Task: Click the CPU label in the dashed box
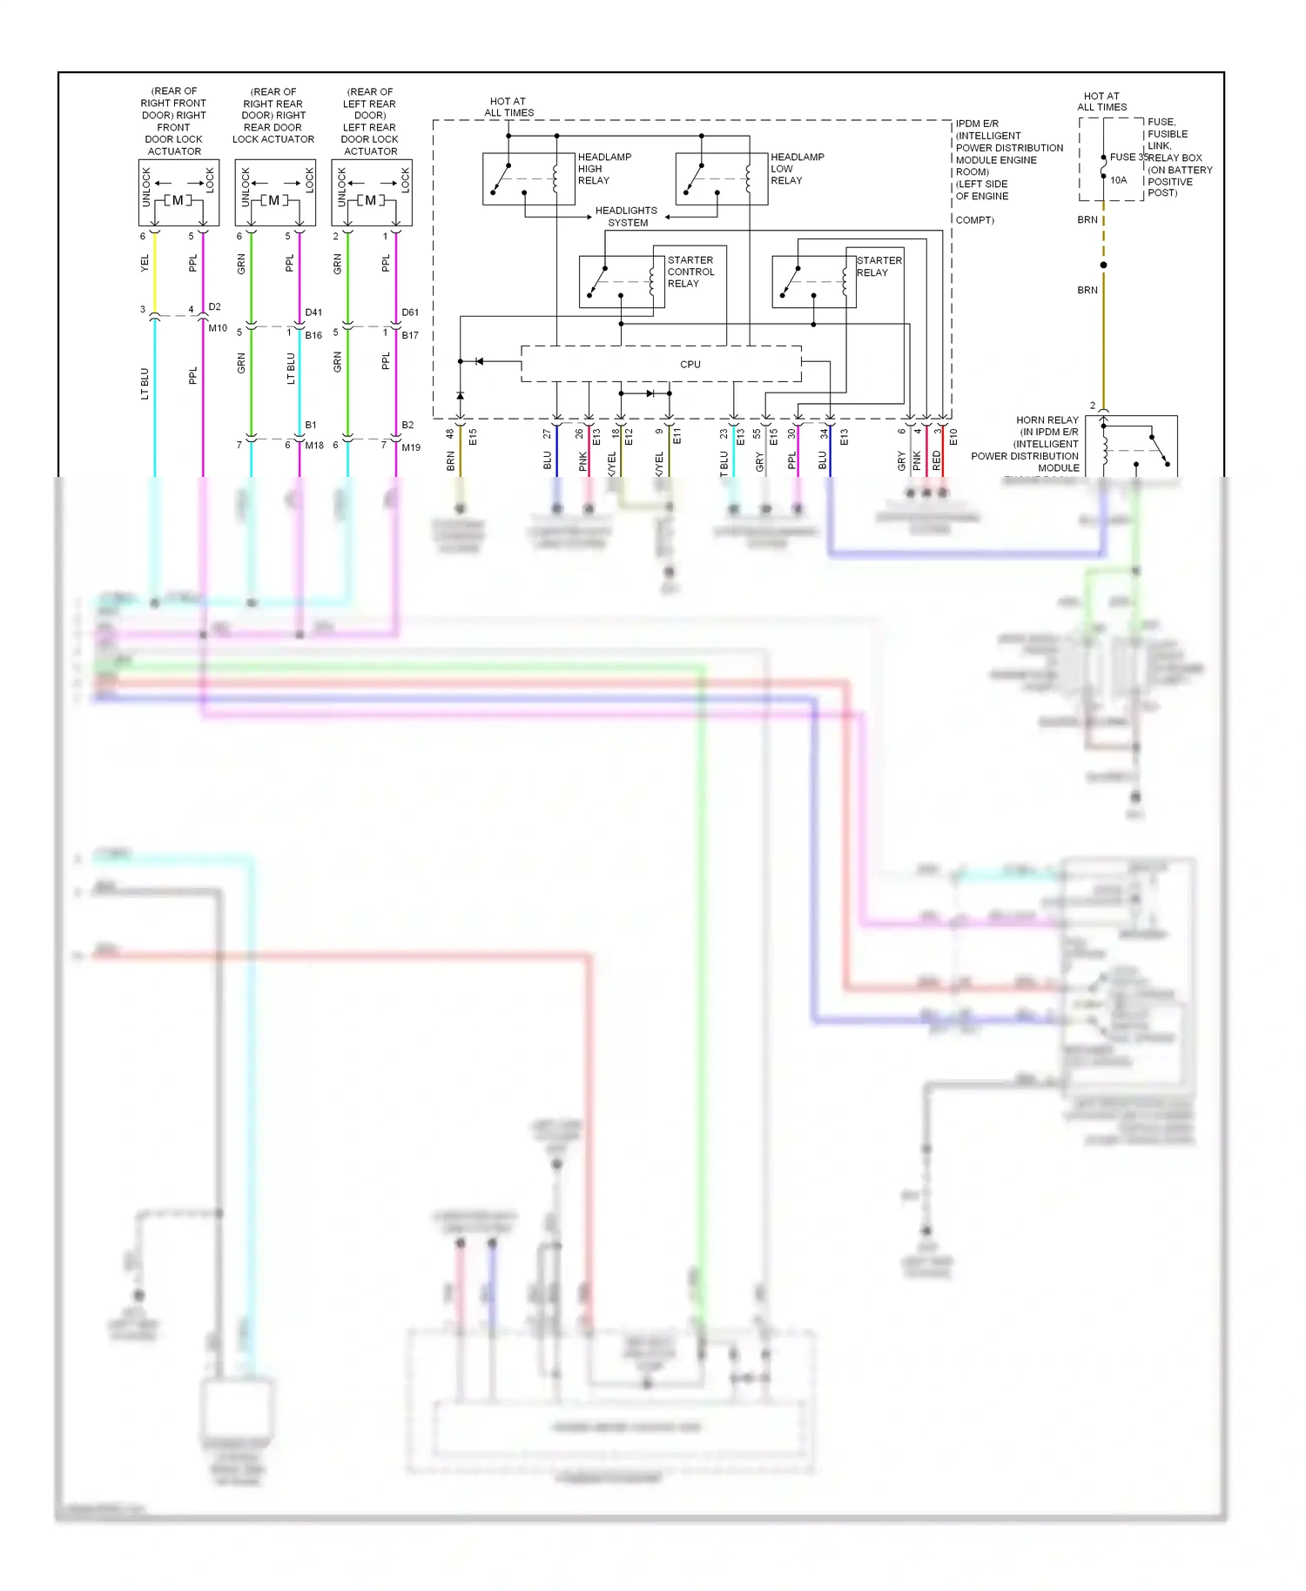pyautogui.click(x=690, y=364)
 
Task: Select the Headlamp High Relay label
pyautogui.click(x=603, y=169)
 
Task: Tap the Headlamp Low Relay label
pyautogui.click(x=796, y=169)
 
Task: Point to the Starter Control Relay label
pyautogui.click(x=690, y=272)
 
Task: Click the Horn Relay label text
pyautogui.click(x=1047, y=420)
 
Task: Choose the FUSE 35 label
pyautogui.click(x=1128, y=158)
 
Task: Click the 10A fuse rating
pyautogui.click(x=1118, y=180)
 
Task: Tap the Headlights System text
pyautogui.click(x=627, y=217)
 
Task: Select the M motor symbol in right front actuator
pyautogui.click(x=178, y=200)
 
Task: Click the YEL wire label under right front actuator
pyautogui.click(x=145, y=263)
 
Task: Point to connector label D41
pyautogui.click(x=313, y=312)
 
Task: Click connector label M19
pyautogui.click(x=411, y=447)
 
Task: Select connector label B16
pyautogui.click(x=313, y=335)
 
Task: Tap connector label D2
pyautogui.click(x=214, y=306)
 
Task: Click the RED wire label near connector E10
pyautogui.click(x=936, y=460)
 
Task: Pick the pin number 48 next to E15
pyautogui.click(x=450, y=433)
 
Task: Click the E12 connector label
pyautogui.click(x=629, y=437)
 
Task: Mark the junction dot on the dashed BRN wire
pyautogui.click(x=1103, y=265)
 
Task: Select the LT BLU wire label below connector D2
pyautogui.click(x=145, y=383)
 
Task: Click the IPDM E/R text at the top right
pyautogui.click(x=977, y=124)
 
